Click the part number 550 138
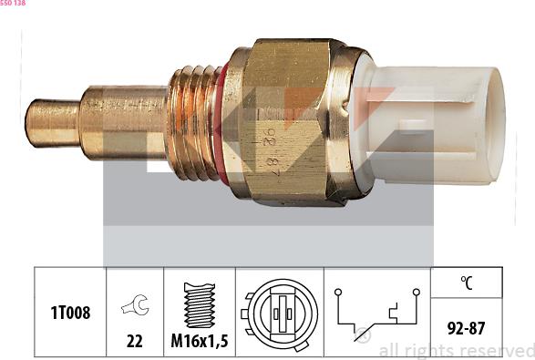[x=13, y=3]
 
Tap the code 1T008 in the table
[x=70, y=313]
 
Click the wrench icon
[x=135, y=304]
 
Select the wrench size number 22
[x=134, y=341]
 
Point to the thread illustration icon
[x=200, y=305]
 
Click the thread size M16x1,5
[x=200, y=341]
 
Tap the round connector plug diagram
[x=280, y=314]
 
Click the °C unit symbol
[x=467, y=283]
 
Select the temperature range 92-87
[x=466, y=328]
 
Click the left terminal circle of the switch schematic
[x=338, y=292]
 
